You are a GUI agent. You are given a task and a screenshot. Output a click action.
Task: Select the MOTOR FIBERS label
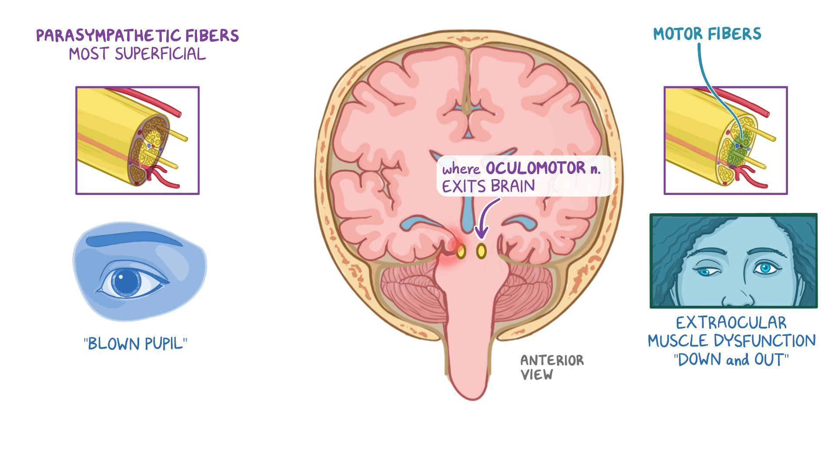(707, 34)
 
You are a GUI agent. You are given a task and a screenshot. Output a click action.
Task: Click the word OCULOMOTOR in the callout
(535, 168)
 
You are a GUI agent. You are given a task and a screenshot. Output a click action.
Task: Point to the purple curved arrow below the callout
(487, 218)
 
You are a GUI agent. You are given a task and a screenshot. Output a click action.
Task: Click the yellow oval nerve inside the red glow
(461, 251)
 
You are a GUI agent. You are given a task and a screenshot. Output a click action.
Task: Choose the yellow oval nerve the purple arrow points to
(481, 251)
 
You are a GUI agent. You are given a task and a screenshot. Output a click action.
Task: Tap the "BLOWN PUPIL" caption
(136, 344)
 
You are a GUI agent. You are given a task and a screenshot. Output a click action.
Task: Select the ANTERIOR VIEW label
(552, 367)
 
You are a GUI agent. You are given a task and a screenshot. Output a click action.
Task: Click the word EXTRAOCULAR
(731, 323)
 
